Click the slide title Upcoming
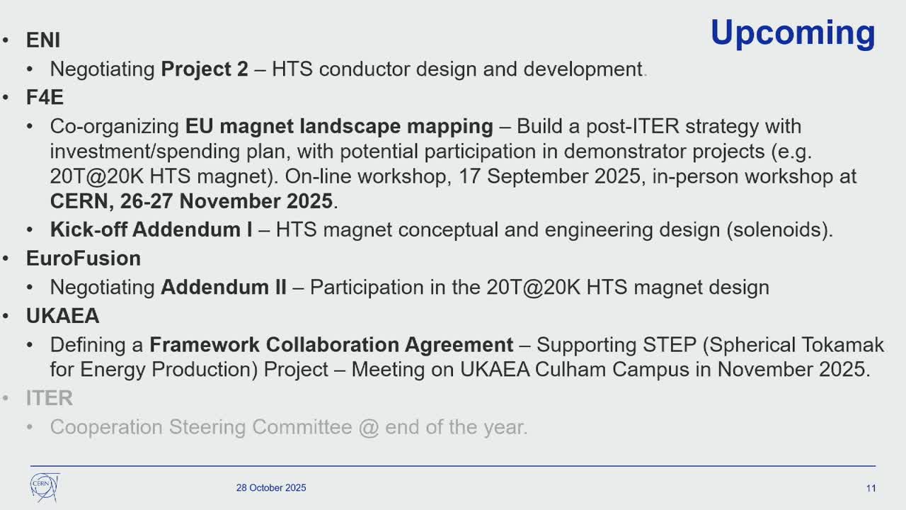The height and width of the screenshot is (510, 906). coord(793,33)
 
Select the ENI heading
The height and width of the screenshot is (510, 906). coord(43,40)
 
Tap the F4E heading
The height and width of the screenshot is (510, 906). coord(45,97)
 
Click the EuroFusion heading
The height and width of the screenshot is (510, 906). coord(84,259)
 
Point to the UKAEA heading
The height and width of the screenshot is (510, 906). coord(63,316)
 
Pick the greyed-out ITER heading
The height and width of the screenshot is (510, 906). coord(50,398)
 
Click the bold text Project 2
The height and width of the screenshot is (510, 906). coord(205,69)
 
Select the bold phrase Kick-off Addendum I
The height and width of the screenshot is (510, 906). coord(151,229)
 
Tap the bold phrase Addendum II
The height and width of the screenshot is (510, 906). coord(224,287)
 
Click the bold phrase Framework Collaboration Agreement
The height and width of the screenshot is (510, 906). coord(331,345)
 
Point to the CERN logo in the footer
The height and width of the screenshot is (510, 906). coord(45,487)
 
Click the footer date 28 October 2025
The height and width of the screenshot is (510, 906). coord(271,488)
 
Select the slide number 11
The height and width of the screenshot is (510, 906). coord(871,488)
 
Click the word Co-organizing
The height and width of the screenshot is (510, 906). coord(115,127)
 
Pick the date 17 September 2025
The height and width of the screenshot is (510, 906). coord(550,176)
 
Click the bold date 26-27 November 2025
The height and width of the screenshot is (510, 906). coord(226,201)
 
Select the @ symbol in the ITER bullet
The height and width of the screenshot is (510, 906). coord(369,427)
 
